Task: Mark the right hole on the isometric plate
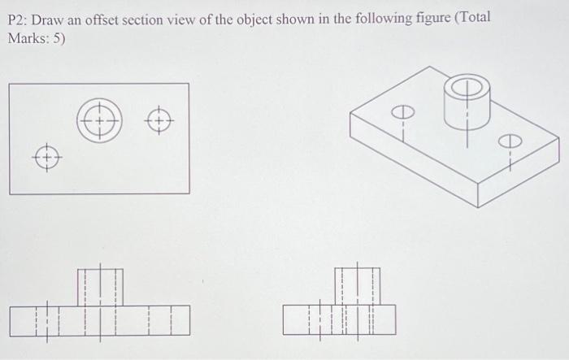click(510, 141)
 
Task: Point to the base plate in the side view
click(339, 320)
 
